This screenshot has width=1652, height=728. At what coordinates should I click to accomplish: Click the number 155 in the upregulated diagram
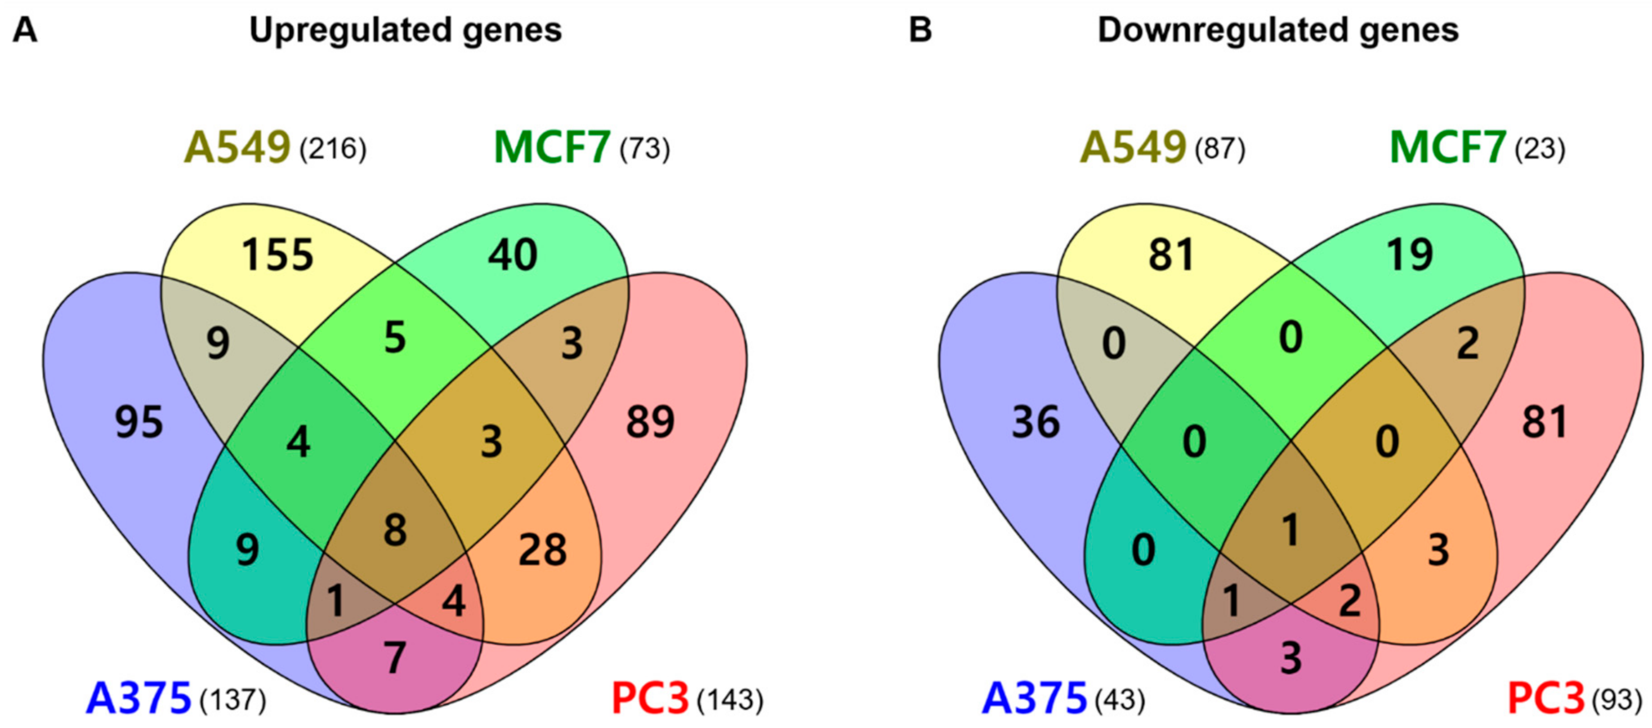[278, 254]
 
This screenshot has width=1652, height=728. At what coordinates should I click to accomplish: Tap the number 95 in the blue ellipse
[139, 423]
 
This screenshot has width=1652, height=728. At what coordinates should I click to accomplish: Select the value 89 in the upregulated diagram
[650, 422]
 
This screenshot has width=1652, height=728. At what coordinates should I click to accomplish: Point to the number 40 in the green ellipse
[512, 254]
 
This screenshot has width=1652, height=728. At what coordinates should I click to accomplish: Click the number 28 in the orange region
[543, 550]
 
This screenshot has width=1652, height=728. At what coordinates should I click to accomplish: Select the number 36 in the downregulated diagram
[1035, 423]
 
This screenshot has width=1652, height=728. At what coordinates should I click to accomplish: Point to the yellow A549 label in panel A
[237, 148]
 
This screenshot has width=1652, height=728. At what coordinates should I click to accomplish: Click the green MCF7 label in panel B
[1448, 148]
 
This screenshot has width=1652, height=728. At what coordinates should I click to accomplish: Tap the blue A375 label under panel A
[139, 699]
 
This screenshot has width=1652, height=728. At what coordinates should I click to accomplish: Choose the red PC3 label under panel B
[1546, 699]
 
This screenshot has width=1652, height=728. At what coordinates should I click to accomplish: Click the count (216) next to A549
[333, 149]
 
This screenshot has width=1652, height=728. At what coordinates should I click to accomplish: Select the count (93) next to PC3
[1617, 700]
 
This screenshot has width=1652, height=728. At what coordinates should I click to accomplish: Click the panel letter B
[920, 30]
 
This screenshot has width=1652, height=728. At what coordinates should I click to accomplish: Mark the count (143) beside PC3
[730, 700]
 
